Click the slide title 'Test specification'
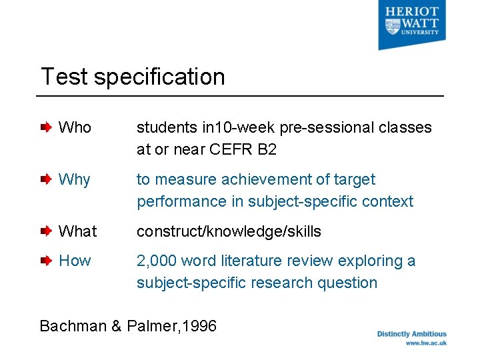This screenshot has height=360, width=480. click(133, 77)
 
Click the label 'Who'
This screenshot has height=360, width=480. click(75, 127)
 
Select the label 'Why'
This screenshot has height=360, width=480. click(74, 179)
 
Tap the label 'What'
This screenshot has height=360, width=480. click(77, 231)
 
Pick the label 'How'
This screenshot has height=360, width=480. click(75, 261)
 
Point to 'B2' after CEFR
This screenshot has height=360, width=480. click(266, 149)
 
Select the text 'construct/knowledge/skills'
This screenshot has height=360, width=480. click(229, 231)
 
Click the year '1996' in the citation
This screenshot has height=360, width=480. click(199, 326)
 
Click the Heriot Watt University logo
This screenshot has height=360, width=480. click(412, 25)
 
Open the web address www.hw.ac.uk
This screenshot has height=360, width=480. click(425, 343)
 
